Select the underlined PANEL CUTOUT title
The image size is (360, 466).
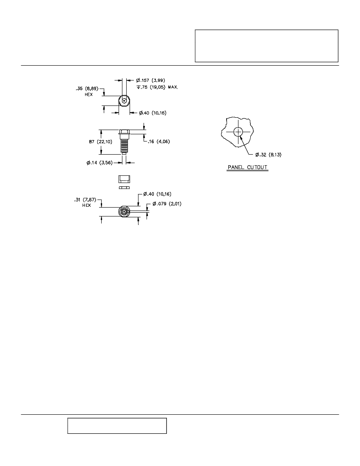coord(247,167)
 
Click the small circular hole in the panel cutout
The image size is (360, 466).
coord(238,132)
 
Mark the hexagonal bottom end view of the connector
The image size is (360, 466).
coord(124,212)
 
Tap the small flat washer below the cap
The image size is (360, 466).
coord(124,188)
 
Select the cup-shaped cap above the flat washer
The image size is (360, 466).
coord(124,180)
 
